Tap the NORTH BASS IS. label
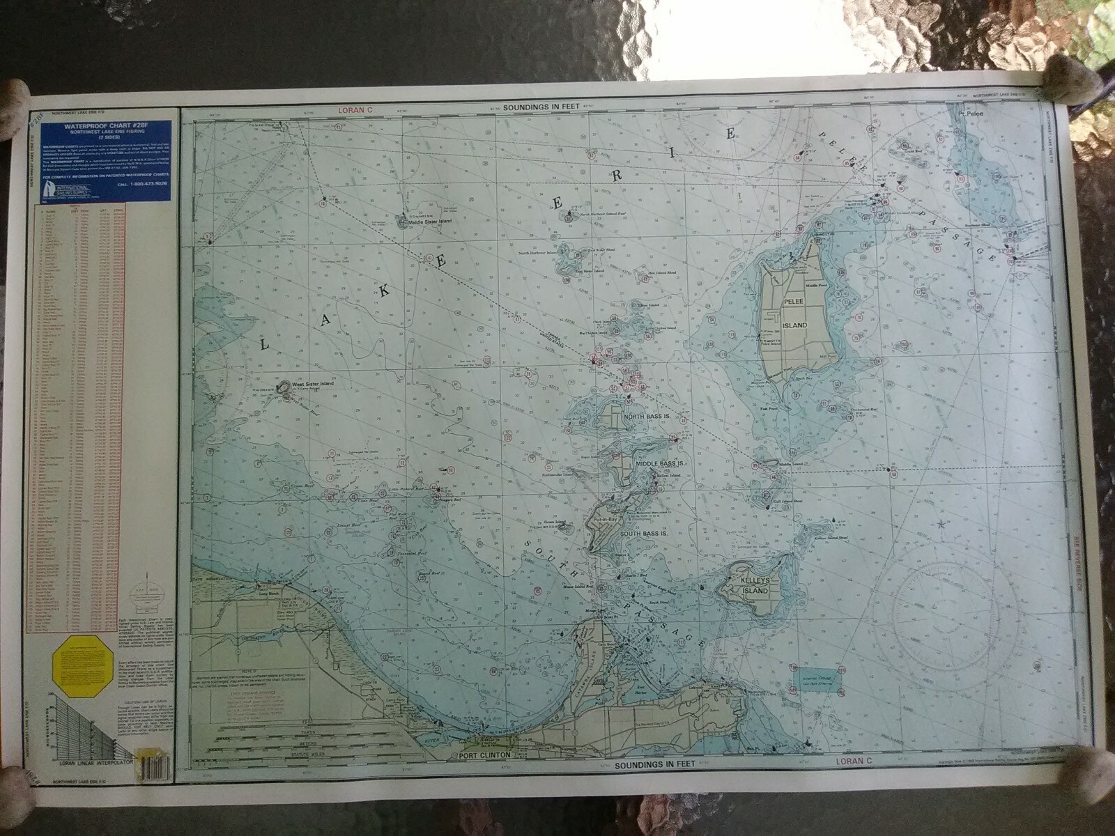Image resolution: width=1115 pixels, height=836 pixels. click(x=647, y=417)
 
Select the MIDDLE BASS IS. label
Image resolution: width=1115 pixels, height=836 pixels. click(x=657, y=463)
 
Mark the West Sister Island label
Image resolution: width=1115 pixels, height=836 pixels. click(x=313, y=384)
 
